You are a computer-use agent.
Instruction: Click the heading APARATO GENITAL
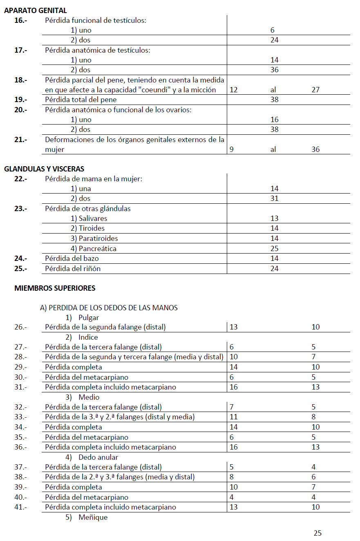pos(35,11)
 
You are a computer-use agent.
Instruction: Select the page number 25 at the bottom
pos(318,533)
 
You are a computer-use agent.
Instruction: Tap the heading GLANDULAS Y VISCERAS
pos(44,169)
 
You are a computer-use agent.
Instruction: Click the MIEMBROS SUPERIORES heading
pos(55,288)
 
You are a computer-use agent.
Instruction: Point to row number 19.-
pos(20,99)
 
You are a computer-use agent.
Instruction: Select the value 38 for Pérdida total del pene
pos(274,99)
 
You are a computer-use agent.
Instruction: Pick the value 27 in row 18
pos(315,89)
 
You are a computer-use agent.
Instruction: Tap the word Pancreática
pos(97,248)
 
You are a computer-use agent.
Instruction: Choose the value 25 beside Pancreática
pos(274,248)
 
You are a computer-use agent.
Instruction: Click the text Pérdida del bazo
pos(72,258)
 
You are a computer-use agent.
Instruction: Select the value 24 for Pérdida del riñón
pos(274,268)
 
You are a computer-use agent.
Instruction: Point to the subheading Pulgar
pos(89,317)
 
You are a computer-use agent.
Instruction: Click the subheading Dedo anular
pos(98,457)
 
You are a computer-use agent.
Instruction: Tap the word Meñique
pos(93,517)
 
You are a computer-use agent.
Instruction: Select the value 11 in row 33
pos(234,417)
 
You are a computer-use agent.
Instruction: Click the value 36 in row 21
pos(315,149)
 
